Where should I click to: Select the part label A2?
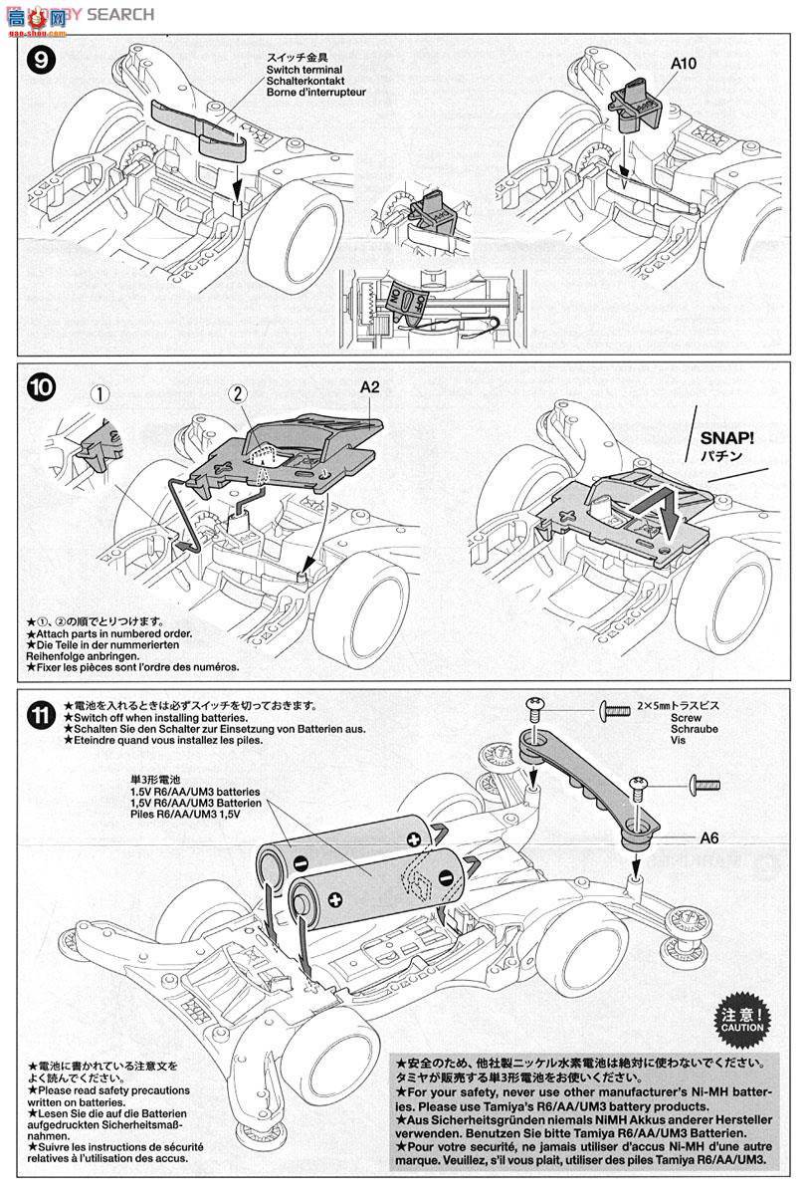[x=370, y=390]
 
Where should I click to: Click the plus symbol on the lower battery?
[x=335, y=902]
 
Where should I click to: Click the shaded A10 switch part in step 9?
[x=631, y=107]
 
